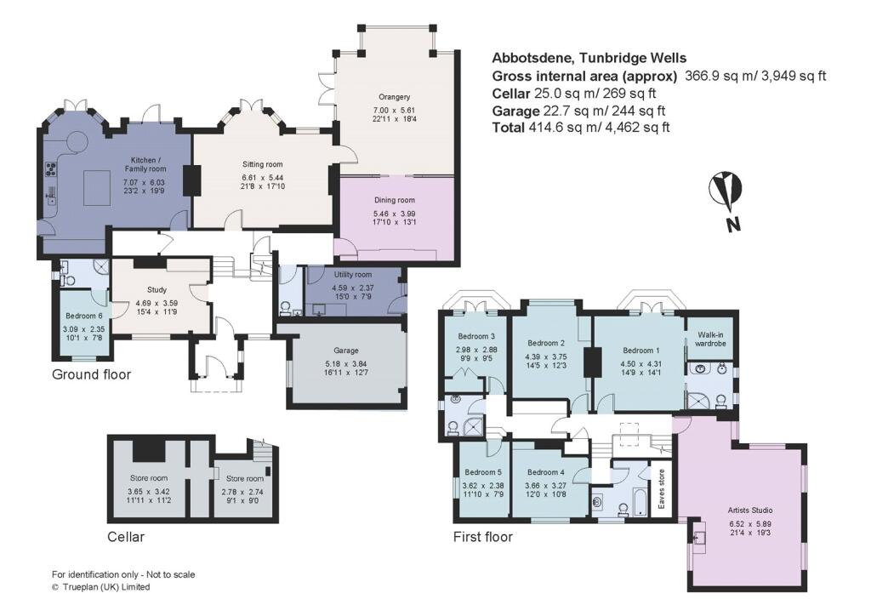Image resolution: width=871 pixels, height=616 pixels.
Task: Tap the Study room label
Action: coord(157,289)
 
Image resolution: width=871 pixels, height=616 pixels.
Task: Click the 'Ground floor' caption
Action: coord(92,374)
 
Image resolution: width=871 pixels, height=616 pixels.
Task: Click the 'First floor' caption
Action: coord(483,537)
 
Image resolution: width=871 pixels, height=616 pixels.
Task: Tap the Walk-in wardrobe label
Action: coord(710,339)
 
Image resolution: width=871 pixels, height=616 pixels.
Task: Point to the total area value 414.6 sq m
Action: coord(578,128)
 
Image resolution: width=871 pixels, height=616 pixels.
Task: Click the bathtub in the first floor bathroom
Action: coord(631,508)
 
